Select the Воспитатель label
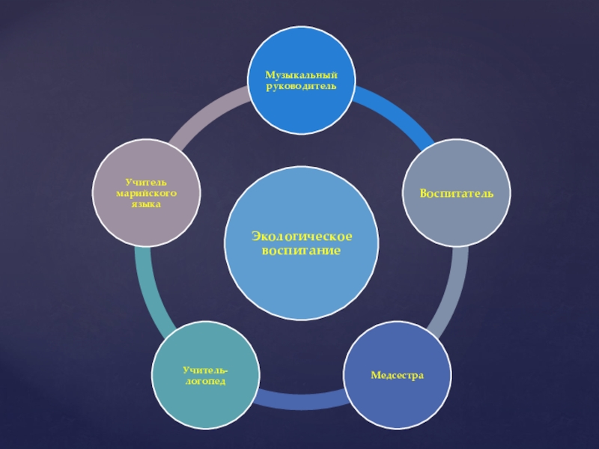[x=456, y=194]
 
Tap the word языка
[x=146, y=204]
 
